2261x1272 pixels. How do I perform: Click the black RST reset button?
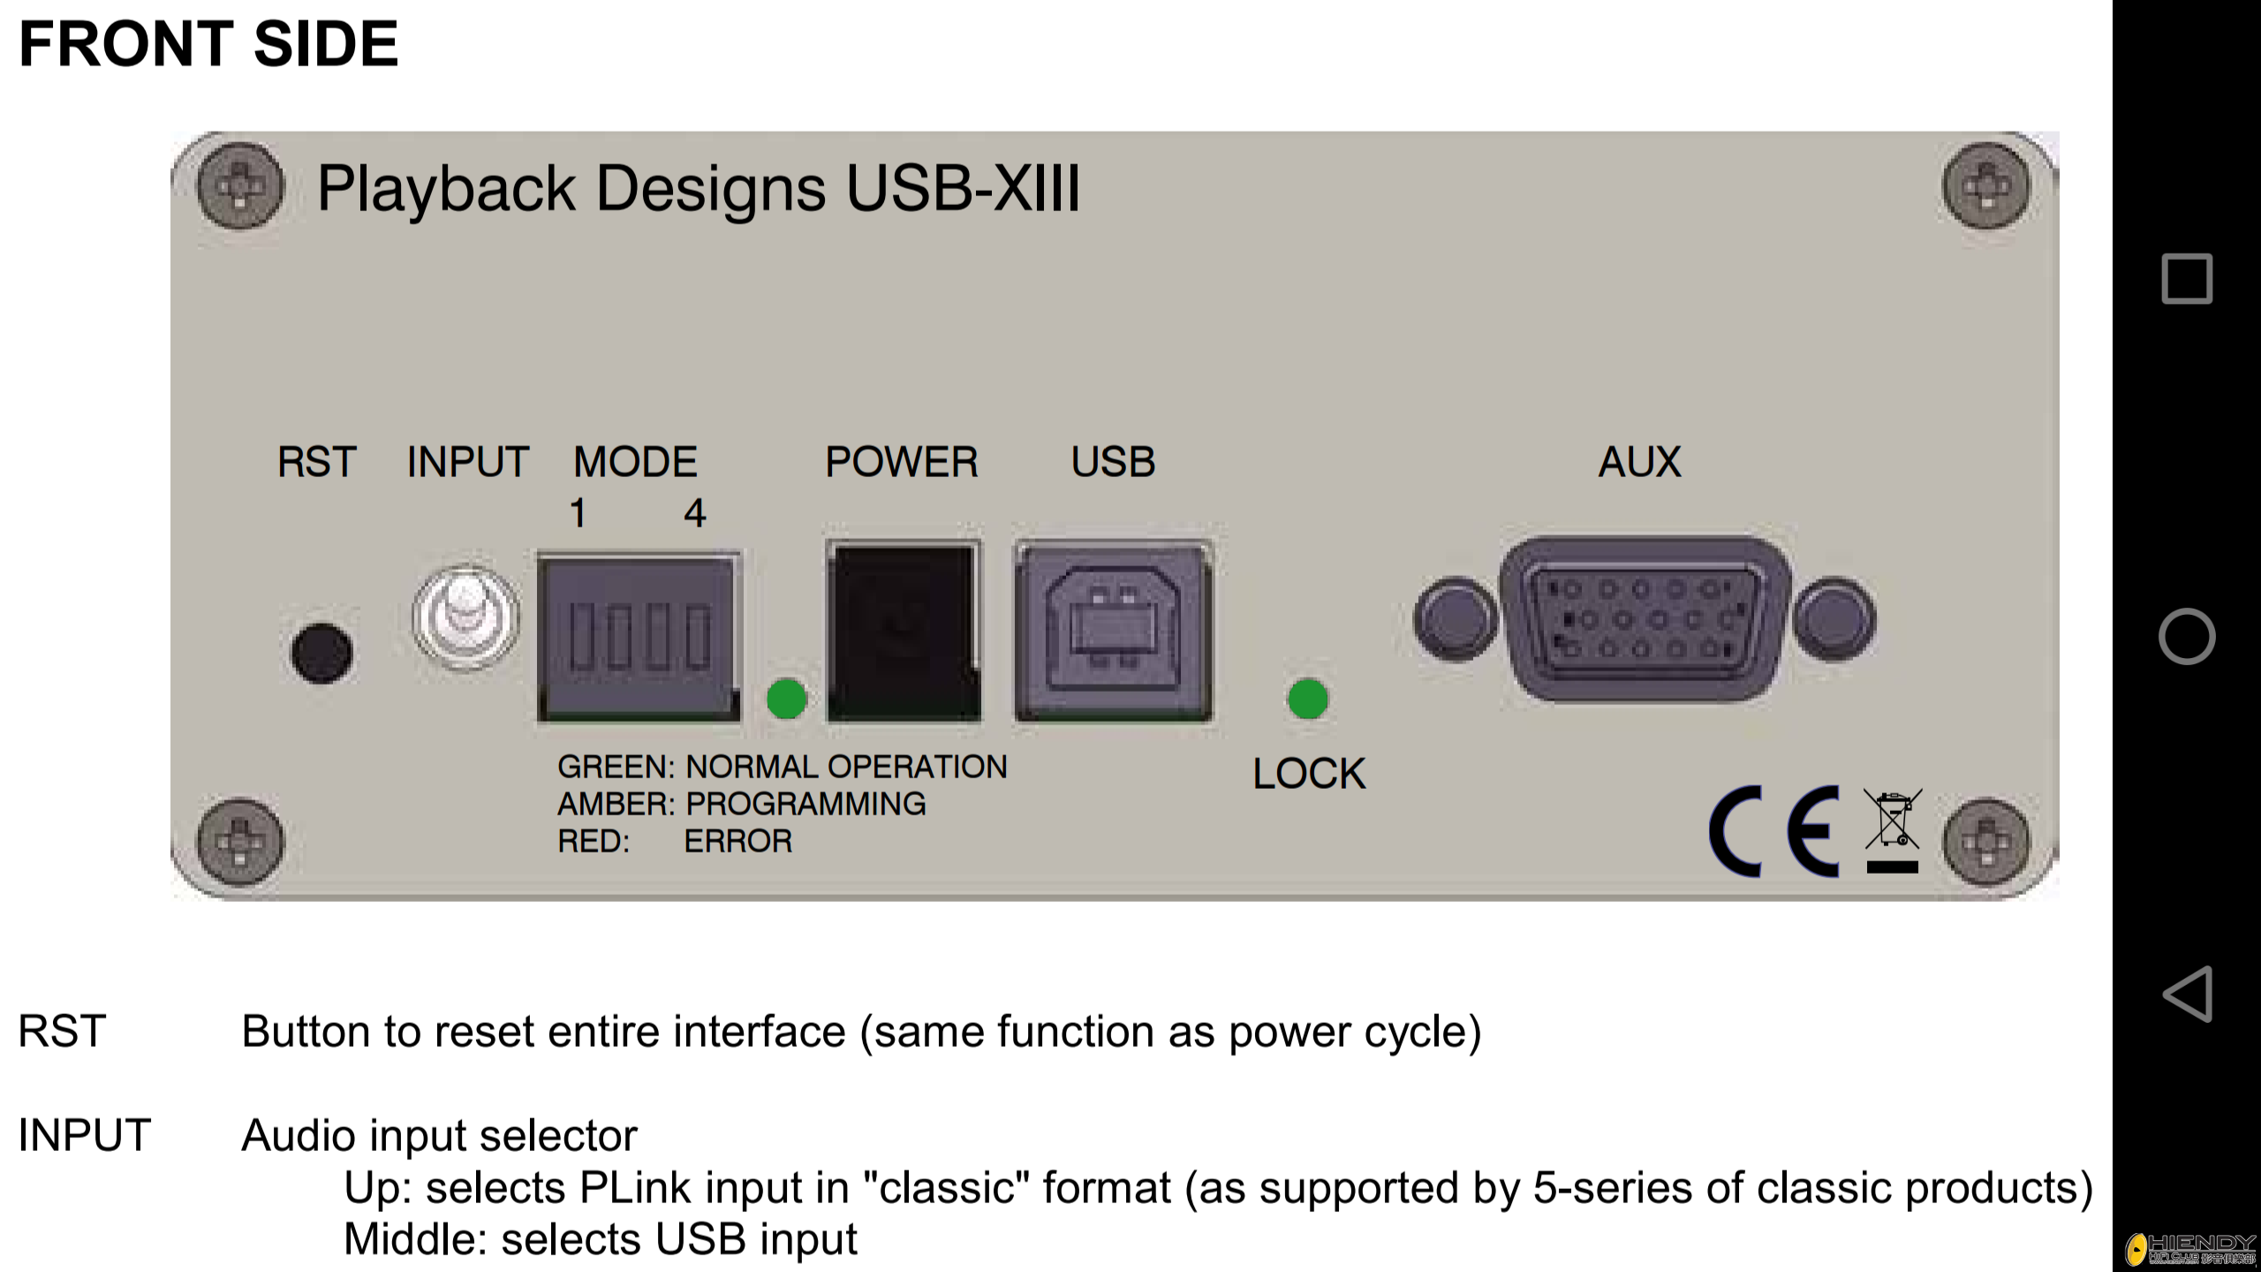coord(321,653)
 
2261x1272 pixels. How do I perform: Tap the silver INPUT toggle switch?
coord(465,617)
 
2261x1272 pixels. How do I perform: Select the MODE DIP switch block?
coord(639,637)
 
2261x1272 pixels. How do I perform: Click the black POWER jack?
coord(904,632)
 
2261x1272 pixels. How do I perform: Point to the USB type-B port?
coord(1114,632)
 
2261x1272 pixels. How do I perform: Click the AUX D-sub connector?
coord(1645,618)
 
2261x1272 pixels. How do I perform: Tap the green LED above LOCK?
coord(1308,699)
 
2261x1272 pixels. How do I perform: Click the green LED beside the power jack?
coord(786,699)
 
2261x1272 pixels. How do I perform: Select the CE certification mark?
coord(1774,830)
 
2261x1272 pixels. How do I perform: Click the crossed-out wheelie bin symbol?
coord(1892,829)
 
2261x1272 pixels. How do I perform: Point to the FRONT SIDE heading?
coord(208,43)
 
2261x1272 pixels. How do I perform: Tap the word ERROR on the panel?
coord(737,841)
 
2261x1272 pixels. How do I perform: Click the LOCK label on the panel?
coord(1309,774)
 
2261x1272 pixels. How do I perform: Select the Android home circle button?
coord(2187,636)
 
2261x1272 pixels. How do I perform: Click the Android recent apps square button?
coord(2187,278)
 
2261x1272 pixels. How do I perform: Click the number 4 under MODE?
coord(695,513)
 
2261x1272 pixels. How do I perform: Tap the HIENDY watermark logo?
coord(2191,1248)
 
